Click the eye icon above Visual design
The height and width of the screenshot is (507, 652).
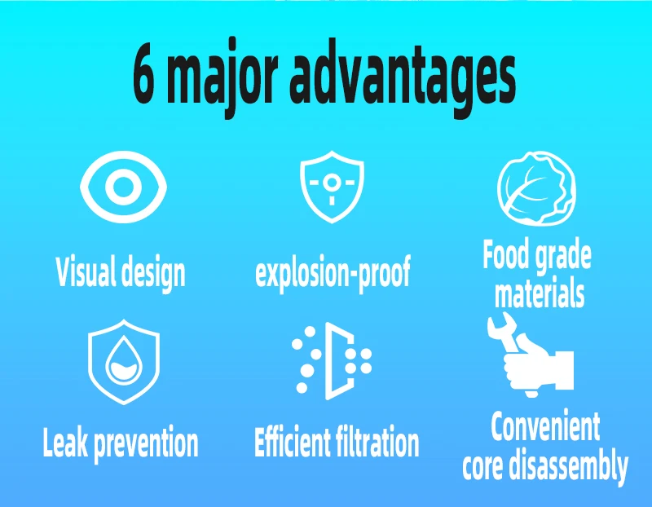(x=123, y=187)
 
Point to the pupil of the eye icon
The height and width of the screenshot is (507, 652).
(x=123, y=187)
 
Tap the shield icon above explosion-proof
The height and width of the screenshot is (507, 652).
(x=332, y=187)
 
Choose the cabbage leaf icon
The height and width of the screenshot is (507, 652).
(x=536, y=188)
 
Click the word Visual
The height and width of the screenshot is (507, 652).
(x=86, y=271)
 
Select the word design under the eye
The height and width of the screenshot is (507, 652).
(x=152, y=274)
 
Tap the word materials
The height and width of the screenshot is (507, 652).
(x=540, y=293)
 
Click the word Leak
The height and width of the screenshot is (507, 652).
(x=65, y=442)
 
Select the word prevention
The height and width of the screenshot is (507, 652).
(x=146, y=444)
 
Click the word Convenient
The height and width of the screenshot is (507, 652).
(x=545, y=426)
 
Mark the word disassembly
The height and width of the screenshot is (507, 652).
(x=568, y=467)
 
